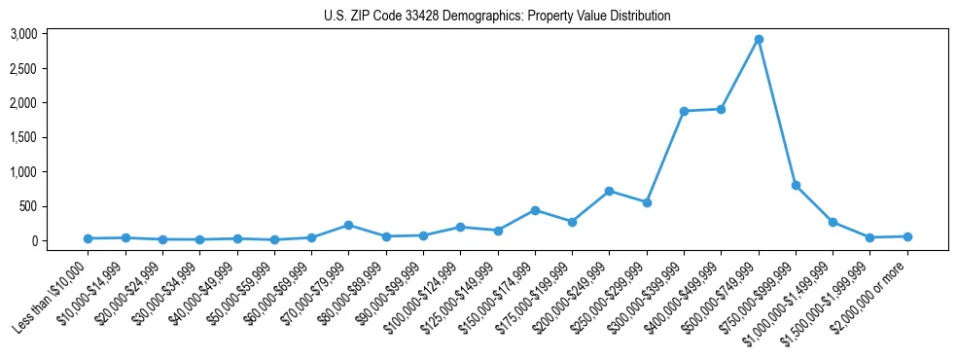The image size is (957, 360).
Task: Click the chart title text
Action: click(497, 16)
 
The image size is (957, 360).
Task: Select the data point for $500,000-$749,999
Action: click(759, 40)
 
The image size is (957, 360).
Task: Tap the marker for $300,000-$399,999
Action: click(684, 111)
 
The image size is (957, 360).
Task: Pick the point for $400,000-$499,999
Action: click(721, 109)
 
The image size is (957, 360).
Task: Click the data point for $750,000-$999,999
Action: click(796, 185)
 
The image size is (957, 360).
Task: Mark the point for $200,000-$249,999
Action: click(609, 191)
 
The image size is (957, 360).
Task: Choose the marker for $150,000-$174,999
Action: click(535, 210)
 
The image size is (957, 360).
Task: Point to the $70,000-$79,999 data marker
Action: click(348, 225)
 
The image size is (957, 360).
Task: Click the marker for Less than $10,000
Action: click(88, 238)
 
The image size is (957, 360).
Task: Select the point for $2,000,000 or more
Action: click(907, 236)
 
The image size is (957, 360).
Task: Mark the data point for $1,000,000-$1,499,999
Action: click(833, 222)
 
